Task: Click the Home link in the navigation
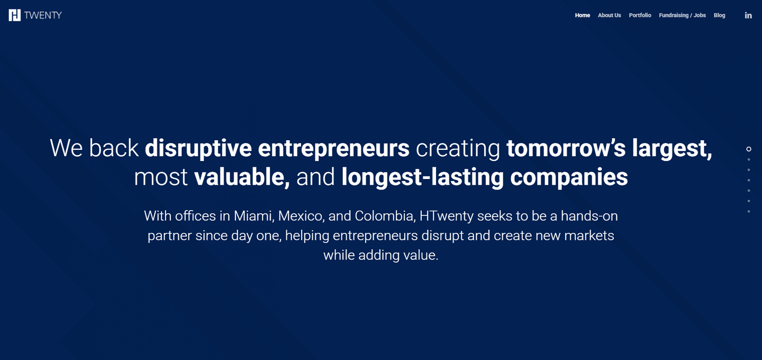pos(582,15)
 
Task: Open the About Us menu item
pos(609,15)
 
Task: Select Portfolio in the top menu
pos(640,15)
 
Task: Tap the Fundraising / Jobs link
pos(682,15)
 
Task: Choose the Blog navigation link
pos(719,15)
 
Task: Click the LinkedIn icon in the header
pos(748,15)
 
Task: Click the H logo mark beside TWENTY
pos(15,15)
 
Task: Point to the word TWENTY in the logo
pos(43,15)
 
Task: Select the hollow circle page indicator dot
pos(749,149)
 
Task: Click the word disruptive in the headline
pos(197,148)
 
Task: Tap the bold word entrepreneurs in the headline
pos(333,148)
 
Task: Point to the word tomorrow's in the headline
pos(566,148)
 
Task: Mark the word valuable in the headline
pos(241,177)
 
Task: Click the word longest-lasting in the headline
pos(422,177)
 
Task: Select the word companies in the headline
pos(569,177)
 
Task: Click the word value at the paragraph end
pos(420,255)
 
